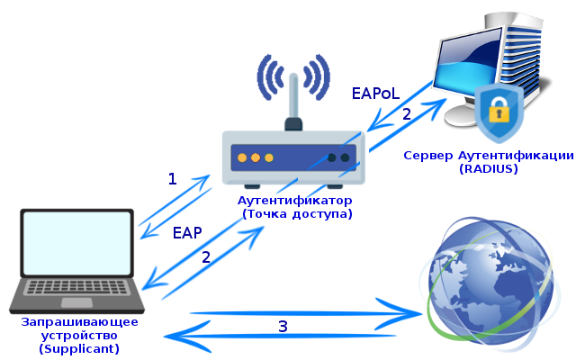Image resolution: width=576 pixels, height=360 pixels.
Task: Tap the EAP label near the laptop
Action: pyautogui.click(x=186, y=233)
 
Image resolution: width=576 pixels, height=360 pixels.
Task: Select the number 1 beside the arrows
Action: pyautogui.click(x=172, y=178)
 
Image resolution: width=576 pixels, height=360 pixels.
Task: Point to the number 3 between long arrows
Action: pyautogui.click(x=283, y=326)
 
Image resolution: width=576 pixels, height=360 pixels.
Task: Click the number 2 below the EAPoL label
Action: pyautogui.click(x=406, y=114)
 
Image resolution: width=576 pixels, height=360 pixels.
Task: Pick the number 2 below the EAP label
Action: pyautogui.click(x=206, y=256)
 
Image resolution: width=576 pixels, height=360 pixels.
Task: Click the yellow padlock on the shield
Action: pyautogui.click(x=499, y=111)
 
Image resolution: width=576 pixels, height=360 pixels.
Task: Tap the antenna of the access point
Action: pyautogui.click(x=292, y=112)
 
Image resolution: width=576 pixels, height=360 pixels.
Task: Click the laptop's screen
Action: pyautogui.click(x=77, y=242)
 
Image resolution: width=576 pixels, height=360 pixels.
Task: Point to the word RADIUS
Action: pyautogui.click(x=488, y=168)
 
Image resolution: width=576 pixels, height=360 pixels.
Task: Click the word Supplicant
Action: pyautogui.click(x=79, y=348)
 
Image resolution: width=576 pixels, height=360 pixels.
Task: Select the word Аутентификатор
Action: pyautogui.click(x=295, y=200)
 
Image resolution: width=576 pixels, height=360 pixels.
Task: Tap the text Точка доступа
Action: pyautogui.click(x=296, y=214)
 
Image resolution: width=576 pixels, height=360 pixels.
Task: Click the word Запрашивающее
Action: pyautogui.click(x=79, y=321)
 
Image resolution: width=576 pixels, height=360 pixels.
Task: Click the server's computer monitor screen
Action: pyautogui.click(x=460, y=77)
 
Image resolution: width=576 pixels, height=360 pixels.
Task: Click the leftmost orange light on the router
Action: pyautogui.click(x=242, y=157)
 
